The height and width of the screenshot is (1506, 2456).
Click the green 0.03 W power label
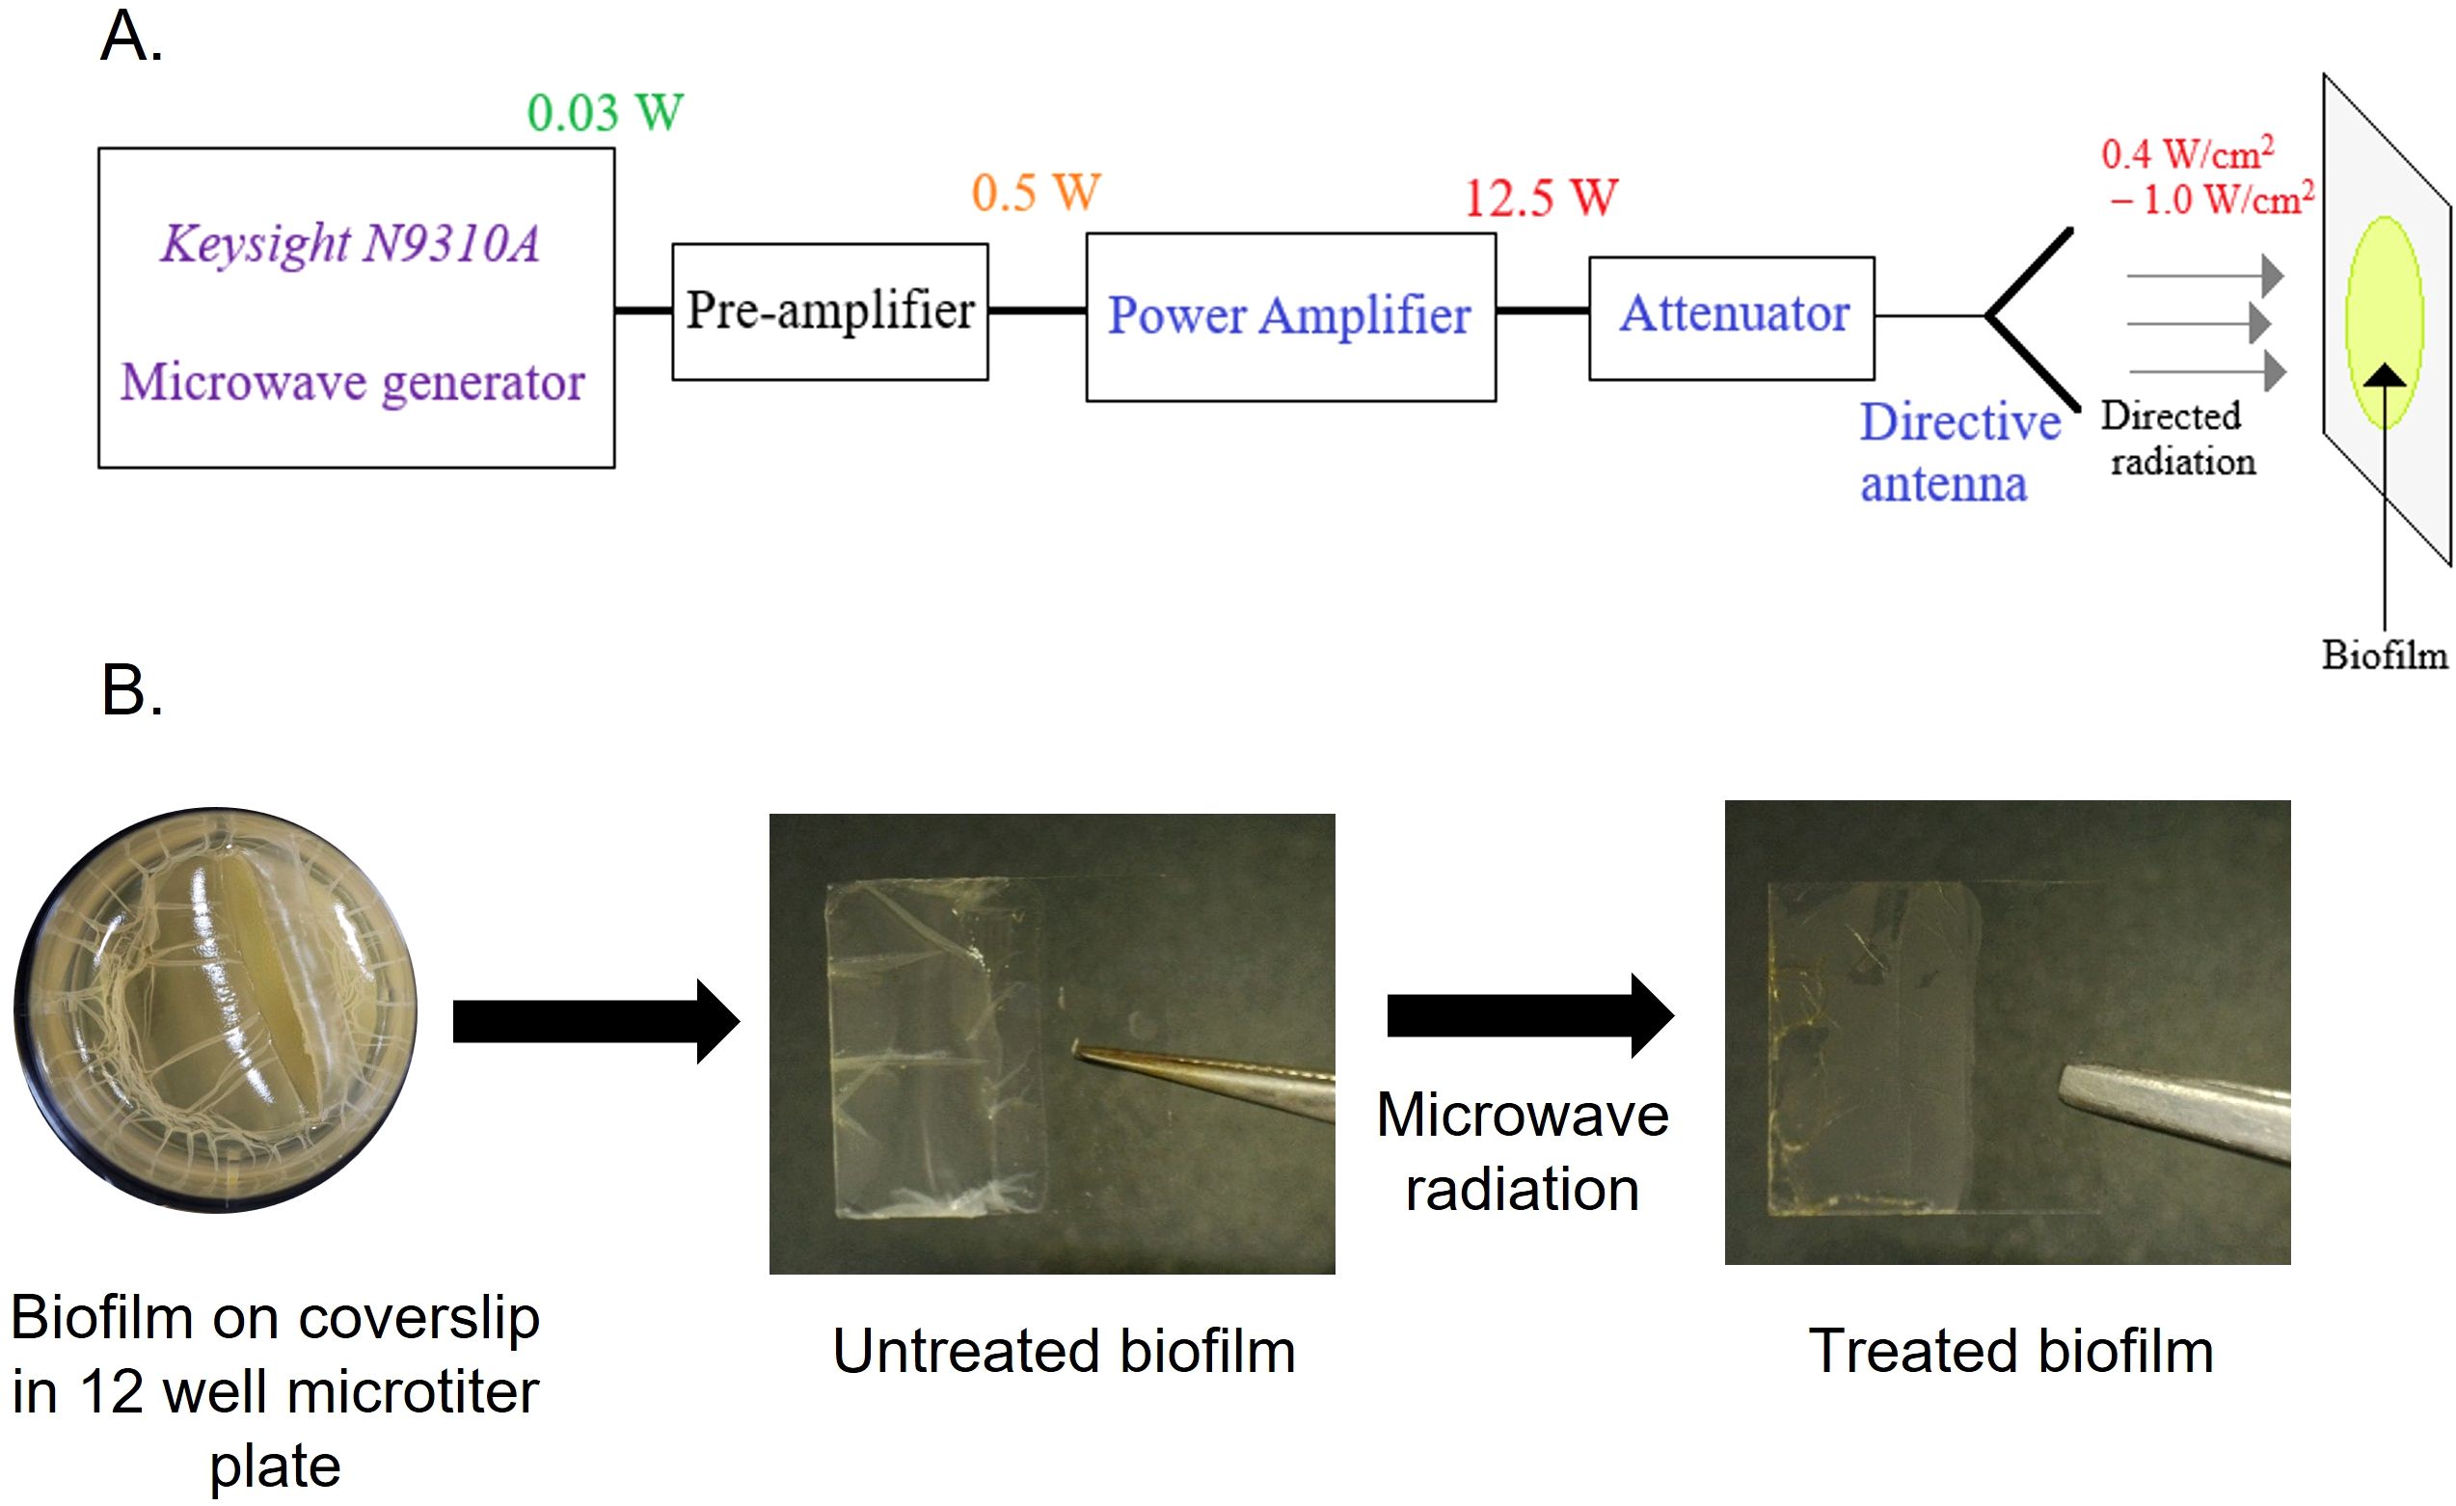click(605, 113)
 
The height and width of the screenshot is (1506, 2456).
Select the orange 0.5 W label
click(1036, 193)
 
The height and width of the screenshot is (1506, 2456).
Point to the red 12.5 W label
click(1540, 198)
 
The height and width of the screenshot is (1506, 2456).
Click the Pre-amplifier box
click(829, 311)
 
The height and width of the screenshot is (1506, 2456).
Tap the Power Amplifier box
click(1290, 317)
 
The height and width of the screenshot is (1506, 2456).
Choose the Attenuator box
click(1732, 317)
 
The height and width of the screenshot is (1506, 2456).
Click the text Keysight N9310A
click(350, 244)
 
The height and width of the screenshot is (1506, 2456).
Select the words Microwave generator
click(353, 383)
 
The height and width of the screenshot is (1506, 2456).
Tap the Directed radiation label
click(2178, 439)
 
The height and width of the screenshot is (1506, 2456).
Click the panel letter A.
click(131, 38)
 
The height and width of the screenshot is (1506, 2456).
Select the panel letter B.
click(131, 689)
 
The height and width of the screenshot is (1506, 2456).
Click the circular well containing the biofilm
click(215, 1008)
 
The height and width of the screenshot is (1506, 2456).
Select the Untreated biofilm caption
click(1064, 1352)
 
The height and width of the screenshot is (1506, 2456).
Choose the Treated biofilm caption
click(2011, 1352)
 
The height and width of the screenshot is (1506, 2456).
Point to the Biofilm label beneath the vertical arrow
click(2385, 655)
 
